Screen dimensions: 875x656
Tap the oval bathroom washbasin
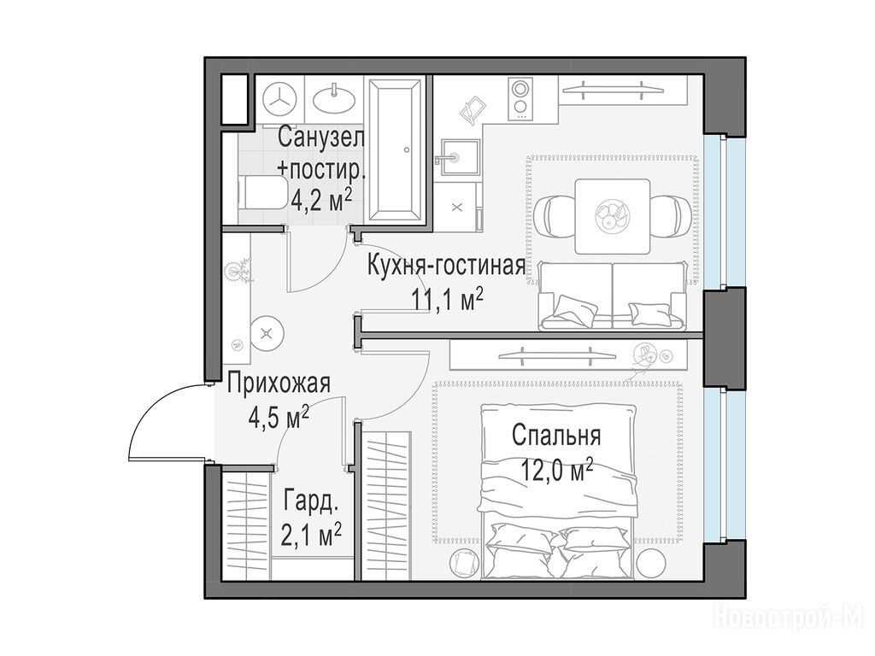click(334, 99)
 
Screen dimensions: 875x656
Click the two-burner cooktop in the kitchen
click(520, 99)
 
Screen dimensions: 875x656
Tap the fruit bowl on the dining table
click(612, 215)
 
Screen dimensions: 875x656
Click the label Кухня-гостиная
click(446, 266)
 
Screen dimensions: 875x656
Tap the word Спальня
click(556, 435)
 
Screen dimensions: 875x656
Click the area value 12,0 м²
click(556, 471)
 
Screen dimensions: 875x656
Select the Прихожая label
click(279, 384)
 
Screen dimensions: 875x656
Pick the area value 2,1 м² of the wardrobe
click(313, 535)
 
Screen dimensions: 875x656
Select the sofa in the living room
click(613, 296)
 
